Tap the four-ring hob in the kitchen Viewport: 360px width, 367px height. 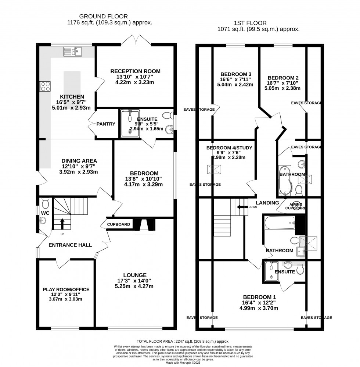(x=45, y=86)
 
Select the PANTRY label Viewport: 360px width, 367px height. (x=106, y=124)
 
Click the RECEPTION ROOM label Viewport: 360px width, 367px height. (x=136, y=71)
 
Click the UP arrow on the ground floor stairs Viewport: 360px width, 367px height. (x=62, y=222)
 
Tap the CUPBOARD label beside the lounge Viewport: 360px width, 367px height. (x=119, y=224)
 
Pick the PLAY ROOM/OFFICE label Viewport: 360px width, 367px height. (x=66, y=289)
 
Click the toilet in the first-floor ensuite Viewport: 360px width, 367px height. (x=300, y=270)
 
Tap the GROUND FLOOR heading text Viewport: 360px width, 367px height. (x=104, y=16)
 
